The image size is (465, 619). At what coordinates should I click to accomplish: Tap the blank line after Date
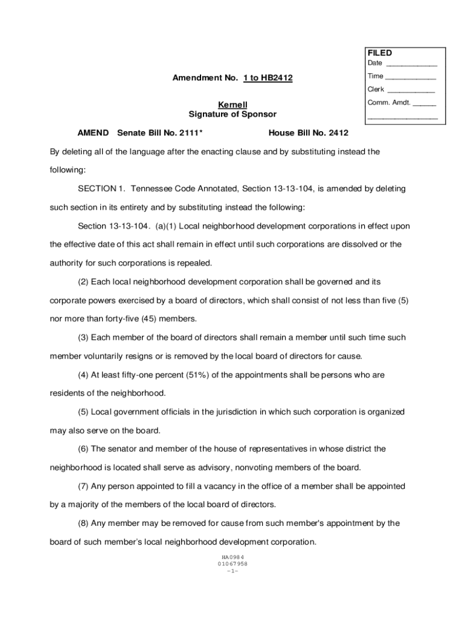411,64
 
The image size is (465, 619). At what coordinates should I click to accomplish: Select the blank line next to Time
411,77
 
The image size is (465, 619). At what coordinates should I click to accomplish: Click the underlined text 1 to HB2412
268,79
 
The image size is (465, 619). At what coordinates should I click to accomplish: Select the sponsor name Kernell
232,105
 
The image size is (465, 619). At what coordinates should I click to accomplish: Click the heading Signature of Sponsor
232,114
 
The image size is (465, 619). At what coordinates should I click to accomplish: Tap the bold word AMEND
93,133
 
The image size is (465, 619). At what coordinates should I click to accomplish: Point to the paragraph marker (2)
83,282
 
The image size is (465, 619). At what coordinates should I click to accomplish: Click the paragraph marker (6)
83,449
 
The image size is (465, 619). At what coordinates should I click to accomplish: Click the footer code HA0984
232,557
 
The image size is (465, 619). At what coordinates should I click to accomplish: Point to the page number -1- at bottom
232,571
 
